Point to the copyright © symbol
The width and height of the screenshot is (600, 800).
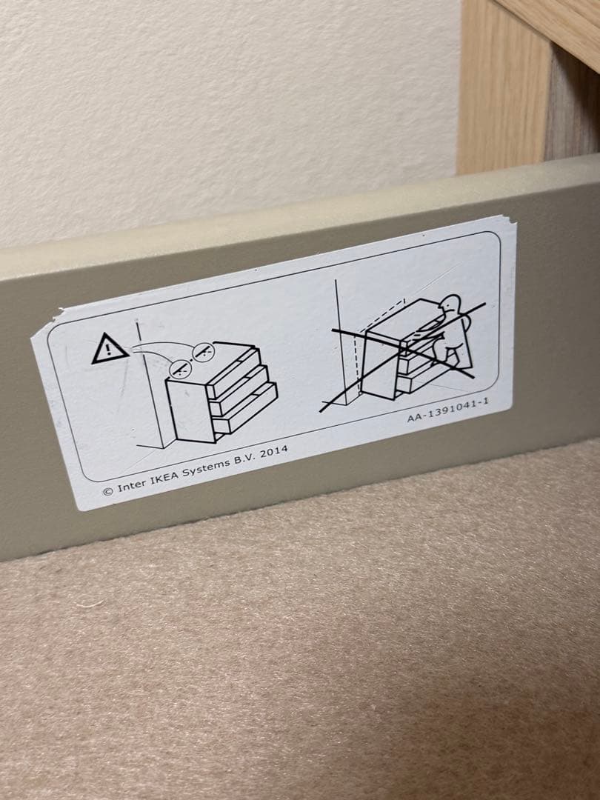(x=107, y=490)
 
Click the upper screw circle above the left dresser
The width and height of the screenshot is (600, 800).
(x=205, y=350)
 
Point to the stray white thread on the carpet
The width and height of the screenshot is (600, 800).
(x=89, y=604)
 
